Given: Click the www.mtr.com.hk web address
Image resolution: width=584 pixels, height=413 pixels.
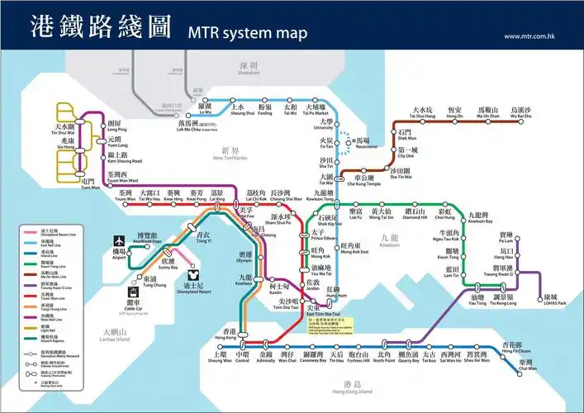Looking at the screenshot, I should coord(527,36).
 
